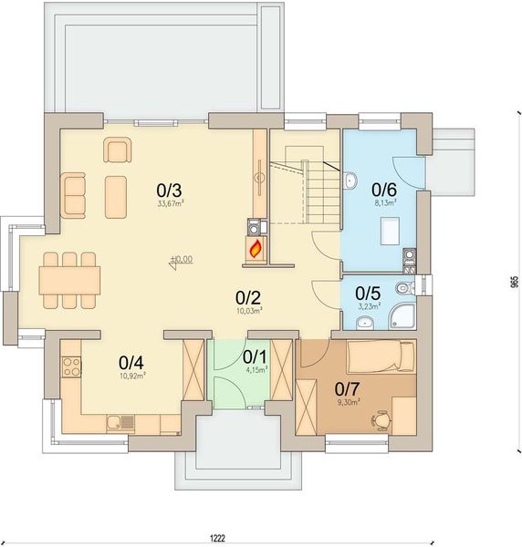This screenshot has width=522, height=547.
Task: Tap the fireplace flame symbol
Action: (256, 246)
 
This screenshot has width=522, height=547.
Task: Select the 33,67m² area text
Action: (171, 203)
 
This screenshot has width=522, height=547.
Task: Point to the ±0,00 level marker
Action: (181, 260)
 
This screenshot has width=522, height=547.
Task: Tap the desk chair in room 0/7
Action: (381, 419)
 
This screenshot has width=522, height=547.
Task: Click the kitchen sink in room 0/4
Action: (120, 421)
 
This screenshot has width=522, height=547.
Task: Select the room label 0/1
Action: (255, 356)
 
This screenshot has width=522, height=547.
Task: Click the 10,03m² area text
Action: (249, 311)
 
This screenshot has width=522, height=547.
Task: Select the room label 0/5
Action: (368, 294)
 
